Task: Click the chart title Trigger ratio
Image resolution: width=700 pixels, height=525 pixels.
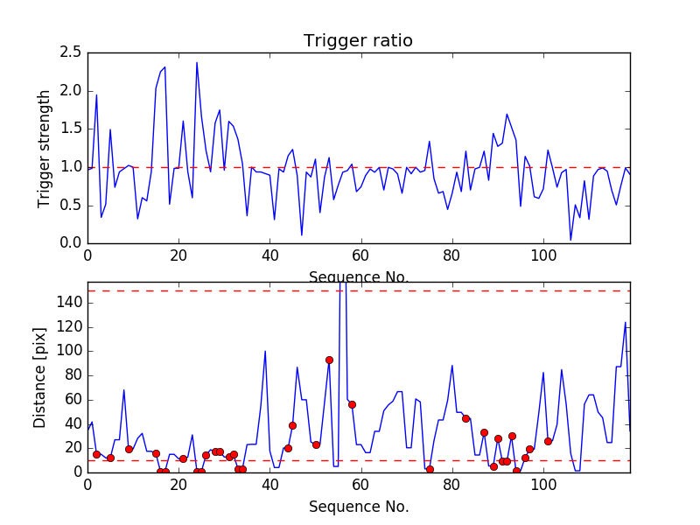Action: (358, 40)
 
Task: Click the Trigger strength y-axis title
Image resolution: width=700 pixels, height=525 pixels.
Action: (45, 148)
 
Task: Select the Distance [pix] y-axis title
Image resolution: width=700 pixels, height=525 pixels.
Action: (40, 377)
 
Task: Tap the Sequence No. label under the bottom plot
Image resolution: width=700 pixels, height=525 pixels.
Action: (358, 507)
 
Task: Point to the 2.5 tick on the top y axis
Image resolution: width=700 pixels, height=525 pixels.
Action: (72, 52)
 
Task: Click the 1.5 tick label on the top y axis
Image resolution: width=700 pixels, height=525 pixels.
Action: (72, 129)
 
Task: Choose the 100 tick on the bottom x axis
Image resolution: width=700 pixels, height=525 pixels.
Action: (543, 484)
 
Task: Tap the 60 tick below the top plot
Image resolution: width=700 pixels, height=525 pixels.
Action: (361, 255)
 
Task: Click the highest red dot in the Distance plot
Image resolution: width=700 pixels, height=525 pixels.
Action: (329, 360)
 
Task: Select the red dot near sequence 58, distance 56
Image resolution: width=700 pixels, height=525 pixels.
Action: (352, 404)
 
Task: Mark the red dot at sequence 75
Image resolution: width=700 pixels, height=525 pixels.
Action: (430, 469)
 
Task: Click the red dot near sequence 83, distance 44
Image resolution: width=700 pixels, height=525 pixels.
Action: (465, 418)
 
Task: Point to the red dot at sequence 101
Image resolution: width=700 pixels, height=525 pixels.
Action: (548, 441)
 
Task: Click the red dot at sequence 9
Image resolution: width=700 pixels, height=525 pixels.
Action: (129, 449)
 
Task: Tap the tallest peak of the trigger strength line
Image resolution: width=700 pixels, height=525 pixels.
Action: (197, 63)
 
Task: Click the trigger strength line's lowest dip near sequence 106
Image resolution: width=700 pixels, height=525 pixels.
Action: (570, 240)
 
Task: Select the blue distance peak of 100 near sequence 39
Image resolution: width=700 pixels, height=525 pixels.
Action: (265, 352)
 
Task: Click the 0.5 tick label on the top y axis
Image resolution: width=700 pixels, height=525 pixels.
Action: (72, 205)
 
